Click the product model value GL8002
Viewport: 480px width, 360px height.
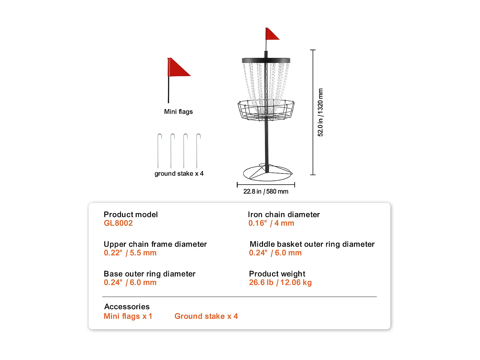(x=118, y=223)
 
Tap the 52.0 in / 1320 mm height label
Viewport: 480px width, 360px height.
(x=320, y=112)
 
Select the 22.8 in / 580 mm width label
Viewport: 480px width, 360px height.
(x=266, y=191)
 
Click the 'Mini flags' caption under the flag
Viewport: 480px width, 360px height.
(x=178, y=112)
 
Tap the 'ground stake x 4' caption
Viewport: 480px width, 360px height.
(x=179, y=173)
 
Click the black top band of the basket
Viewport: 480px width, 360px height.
(x=266, y=60)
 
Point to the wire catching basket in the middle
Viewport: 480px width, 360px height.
(x=266, y=110)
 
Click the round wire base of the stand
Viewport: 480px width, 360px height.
(x=268, y=173)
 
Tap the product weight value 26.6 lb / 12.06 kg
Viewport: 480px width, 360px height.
(x=280, y=282)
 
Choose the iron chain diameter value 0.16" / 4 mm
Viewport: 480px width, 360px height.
(x=271, y=223)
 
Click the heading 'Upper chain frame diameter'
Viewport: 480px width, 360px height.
(x=155, y=244)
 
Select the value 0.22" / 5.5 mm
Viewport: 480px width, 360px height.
(x=130, y=253)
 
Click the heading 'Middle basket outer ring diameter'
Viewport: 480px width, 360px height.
(x=312, y=244)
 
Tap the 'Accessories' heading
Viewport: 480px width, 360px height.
(x=127, y=307)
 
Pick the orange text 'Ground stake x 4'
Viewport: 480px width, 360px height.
(x=206, y=316)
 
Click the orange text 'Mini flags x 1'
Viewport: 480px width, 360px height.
(x=128, y=316)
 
